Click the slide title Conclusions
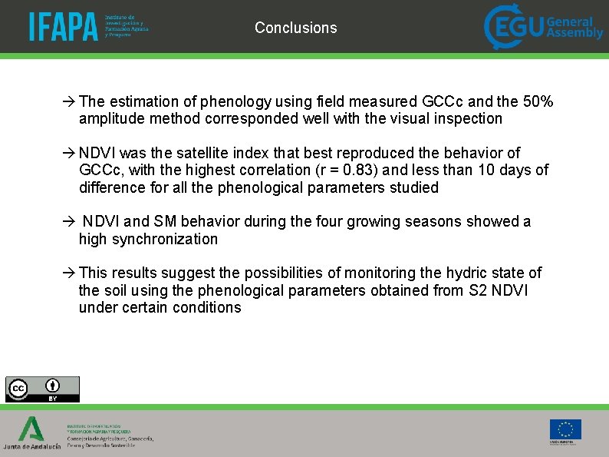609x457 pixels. tap(295, 28)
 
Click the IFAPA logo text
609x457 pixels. tap(64, 27)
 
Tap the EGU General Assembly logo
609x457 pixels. tap(543, 27)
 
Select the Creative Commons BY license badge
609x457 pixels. tap(42, 389)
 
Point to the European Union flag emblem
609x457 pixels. tap(565, 429)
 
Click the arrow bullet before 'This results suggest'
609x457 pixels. tap(68, 273)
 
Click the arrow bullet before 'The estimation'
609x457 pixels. tap(68, 101)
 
